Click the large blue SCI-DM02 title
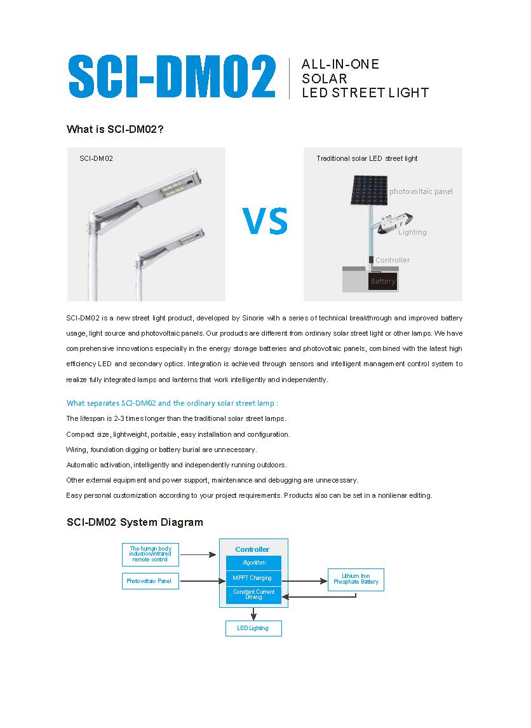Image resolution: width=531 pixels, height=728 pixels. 171,77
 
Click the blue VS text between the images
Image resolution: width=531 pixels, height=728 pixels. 265,220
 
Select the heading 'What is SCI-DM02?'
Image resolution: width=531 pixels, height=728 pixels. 116,130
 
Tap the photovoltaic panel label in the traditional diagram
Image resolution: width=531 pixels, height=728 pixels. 421,191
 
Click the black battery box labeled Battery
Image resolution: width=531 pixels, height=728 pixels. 382,281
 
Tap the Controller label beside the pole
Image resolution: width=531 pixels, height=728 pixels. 393,260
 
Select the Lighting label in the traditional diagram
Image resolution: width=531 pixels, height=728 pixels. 412,232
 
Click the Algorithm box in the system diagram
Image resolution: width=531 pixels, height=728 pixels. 253,563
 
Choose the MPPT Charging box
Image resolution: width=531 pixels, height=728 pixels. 253,578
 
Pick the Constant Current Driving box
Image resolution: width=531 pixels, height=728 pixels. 253,594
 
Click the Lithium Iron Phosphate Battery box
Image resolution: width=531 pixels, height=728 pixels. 356,579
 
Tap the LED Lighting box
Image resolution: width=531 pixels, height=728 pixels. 253,628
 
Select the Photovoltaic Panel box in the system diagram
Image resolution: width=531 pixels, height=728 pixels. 150,581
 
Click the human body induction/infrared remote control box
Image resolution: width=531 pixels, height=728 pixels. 150,554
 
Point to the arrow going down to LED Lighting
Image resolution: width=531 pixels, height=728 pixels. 253,614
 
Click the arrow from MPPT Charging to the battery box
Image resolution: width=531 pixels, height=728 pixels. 304,580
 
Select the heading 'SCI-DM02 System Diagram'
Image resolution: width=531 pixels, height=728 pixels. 135,523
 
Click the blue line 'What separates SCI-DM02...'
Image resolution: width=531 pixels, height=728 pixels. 172,403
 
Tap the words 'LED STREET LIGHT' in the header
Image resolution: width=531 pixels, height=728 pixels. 365,93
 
